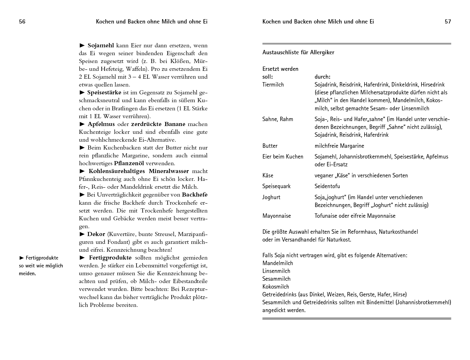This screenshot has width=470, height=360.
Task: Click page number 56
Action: click(22, 22)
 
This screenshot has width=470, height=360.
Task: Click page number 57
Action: click(448, 22)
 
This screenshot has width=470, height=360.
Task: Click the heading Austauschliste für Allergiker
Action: click(298, 53)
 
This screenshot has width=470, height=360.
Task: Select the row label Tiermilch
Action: click(273, 85)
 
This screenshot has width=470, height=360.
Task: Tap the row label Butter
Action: click(270, 146)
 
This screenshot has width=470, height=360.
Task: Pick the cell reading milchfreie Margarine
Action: click(339, 146)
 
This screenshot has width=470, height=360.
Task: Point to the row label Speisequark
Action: click(276, 186)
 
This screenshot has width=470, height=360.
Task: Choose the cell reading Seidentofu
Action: click(327, 186)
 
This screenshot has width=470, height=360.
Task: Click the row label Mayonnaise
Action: click(277, 216)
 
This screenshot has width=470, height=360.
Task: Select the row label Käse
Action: click(268, 176)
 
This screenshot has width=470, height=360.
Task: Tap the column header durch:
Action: click(322, 77)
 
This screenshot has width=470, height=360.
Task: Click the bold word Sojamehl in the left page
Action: click(101, 46)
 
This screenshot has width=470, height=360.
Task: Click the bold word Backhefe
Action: click(195, 195)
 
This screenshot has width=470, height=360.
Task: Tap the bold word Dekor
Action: click(96, 234)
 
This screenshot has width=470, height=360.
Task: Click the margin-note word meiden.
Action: click(27, 273)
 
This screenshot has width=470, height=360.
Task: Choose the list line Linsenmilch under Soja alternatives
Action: click(276, 271)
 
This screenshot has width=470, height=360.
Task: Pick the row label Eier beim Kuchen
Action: click(283, 157)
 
